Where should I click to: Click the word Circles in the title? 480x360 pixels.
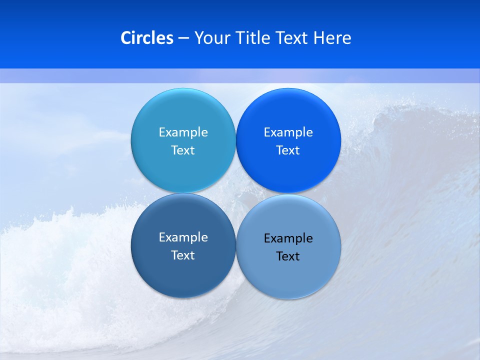coord(146,38)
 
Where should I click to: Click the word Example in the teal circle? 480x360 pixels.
coord(183,132)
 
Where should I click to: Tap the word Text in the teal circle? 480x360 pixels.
coord(183,150)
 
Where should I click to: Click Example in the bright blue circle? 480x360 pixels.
coord(288,132)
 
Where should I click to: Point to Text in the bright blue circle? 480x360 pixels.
coord(288,150)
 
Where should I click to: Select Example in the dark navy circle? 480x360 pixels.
coord(183,237)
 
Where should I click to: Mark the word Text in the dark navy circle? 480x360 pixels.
coord(183,255)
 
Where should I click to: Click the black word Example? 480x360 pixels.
coord(288,238)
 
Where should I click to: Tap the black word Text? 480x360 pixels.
coord(288,256)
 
